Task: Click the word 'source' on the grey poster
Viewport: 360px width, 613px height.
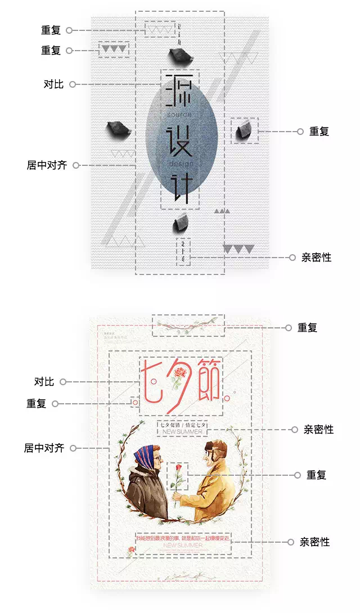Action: pos(179,115)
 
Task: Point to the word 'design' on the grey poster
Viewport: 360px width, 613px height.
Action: pos(180,164)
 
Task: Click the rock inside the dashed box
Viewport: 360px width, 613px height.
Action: pos(245,130)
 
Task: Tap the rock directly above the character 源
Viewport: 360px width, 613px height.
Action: pos(179,55)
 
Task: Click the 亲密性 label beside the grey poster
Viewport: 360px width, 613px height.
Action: pos(316,258)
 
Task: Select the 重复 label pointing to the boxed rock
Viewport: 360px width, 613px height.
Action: pos(319,132)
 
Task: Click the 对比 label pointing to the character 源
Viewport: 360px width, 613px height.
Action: pos(53,84)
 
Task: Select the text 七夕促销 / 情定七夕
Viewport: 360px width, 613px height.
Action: pos(183,425)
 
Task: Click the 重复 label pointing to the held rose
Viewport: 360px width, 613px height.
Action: pos(316,475)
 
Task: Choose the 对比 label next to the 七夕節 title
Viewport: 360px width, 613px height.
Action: pos(44,382)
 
